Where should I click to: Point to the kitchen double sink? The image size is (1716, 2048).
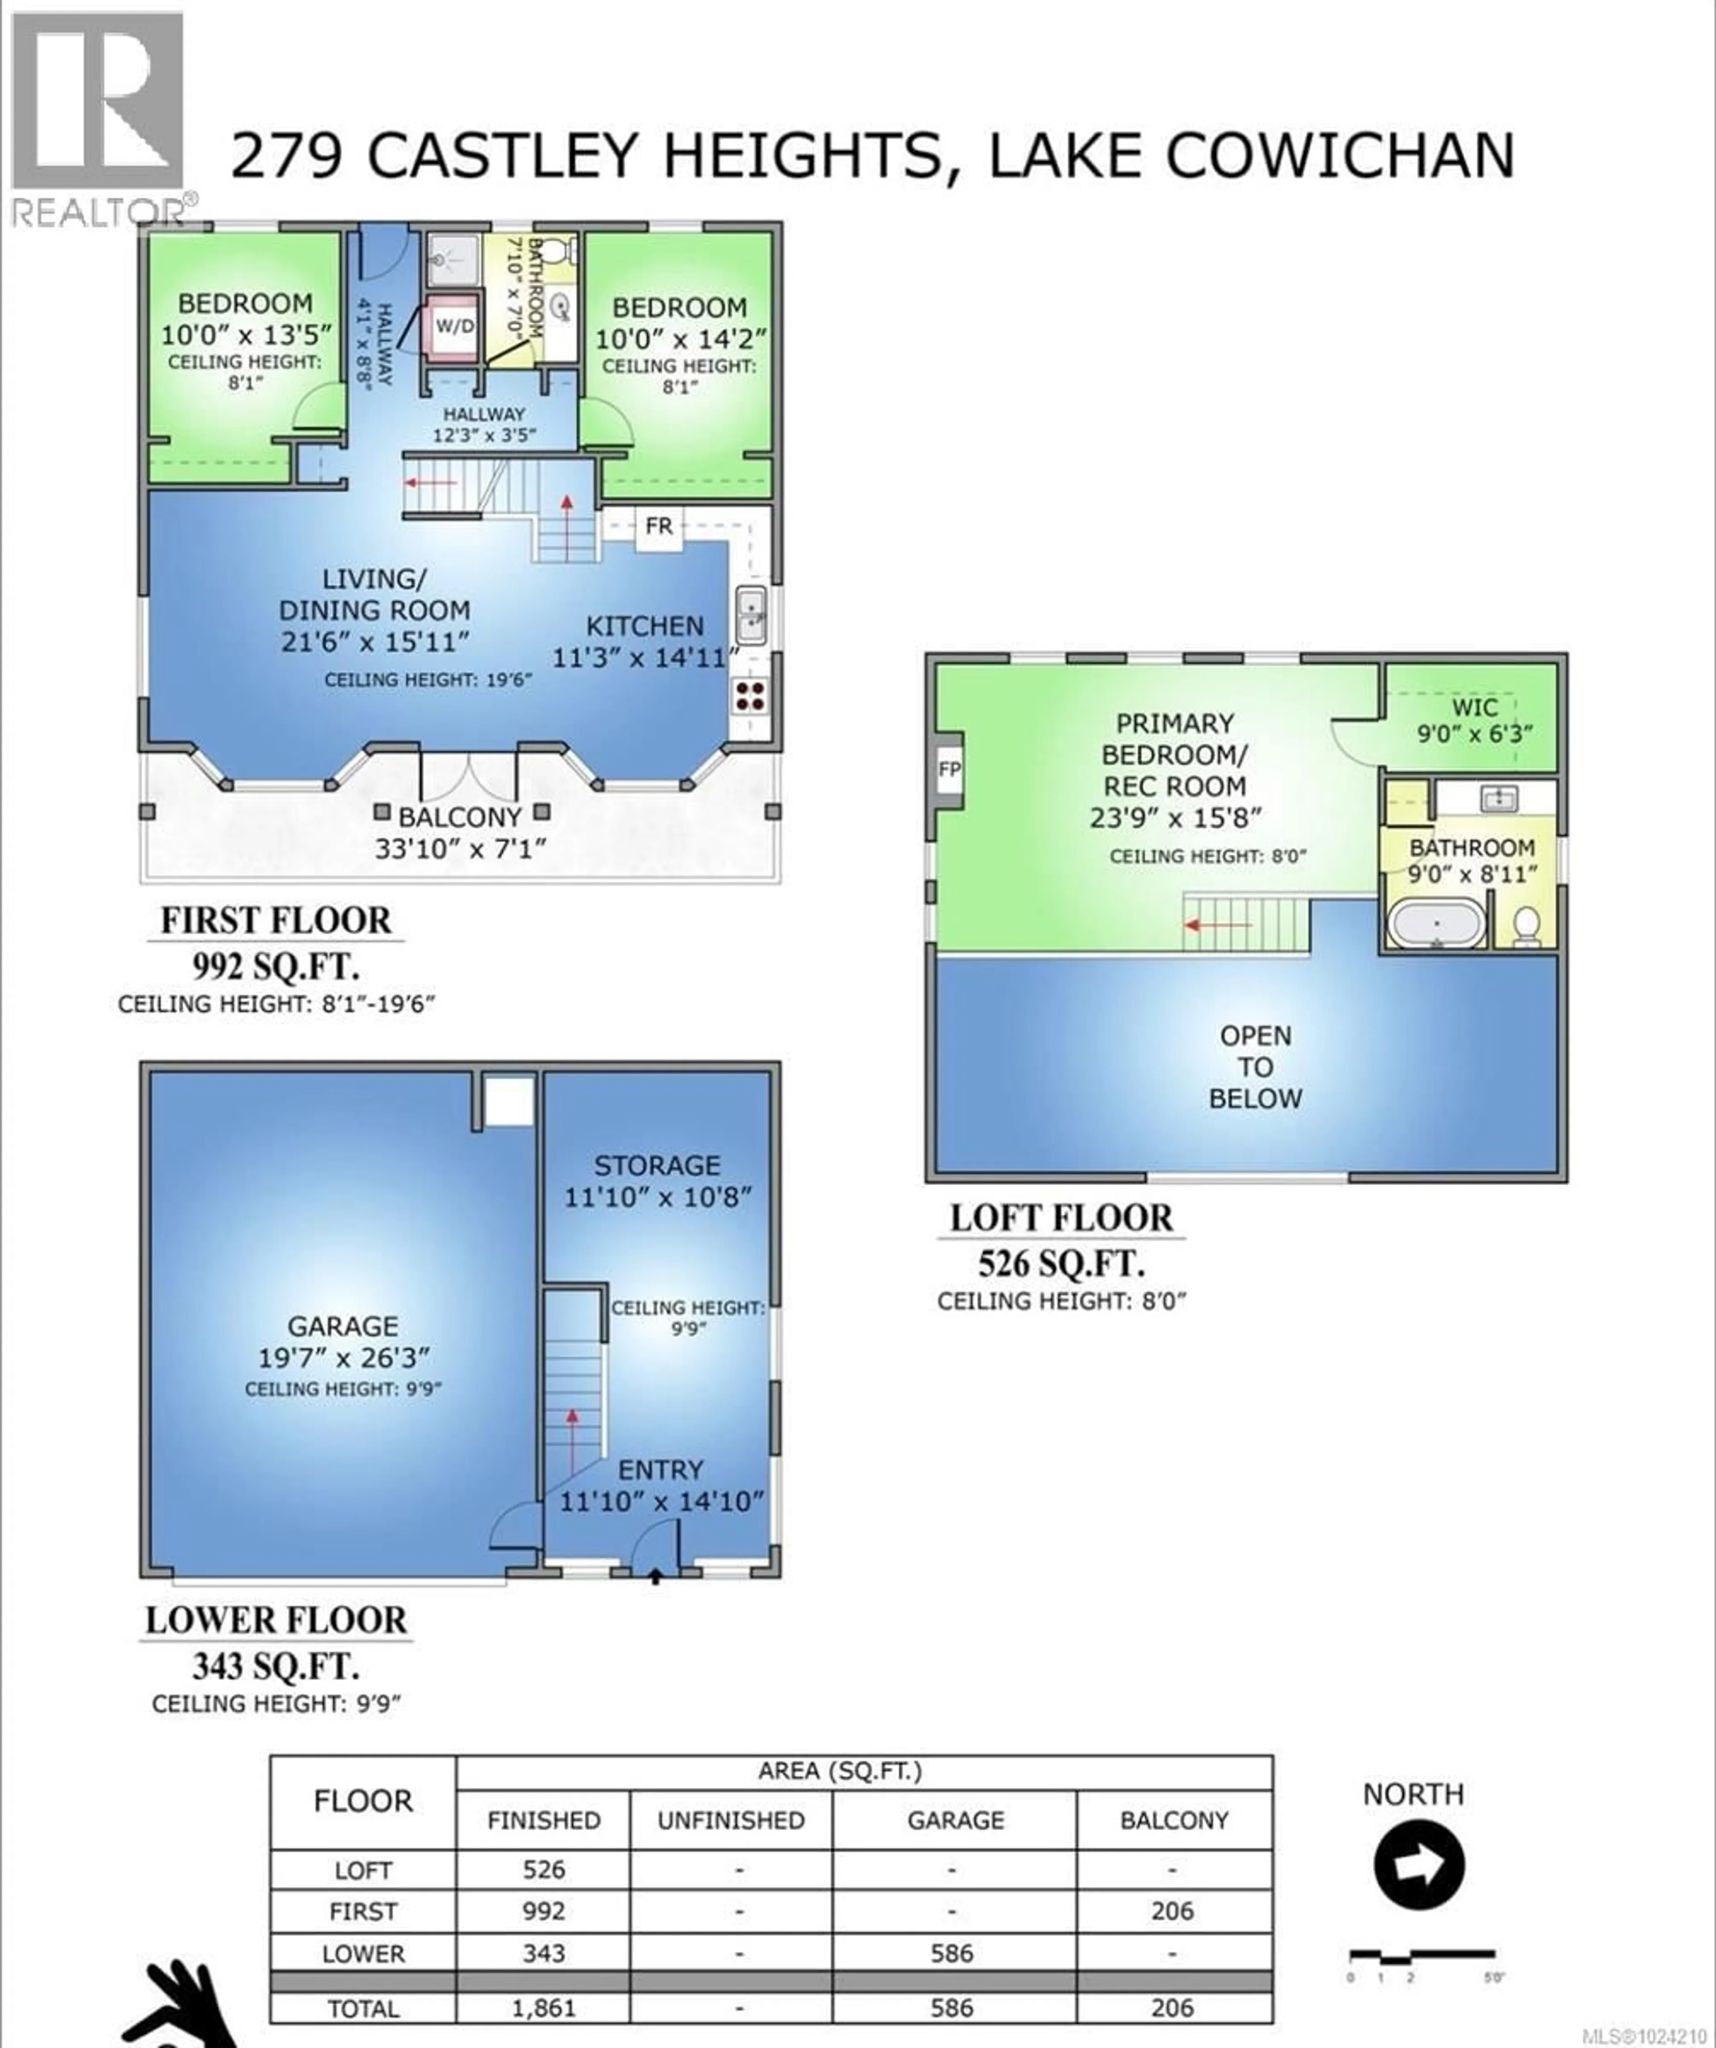[x=751, y=612]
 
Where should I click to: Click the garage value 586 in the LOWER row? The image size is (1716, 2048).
[x=953, y=1953]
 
